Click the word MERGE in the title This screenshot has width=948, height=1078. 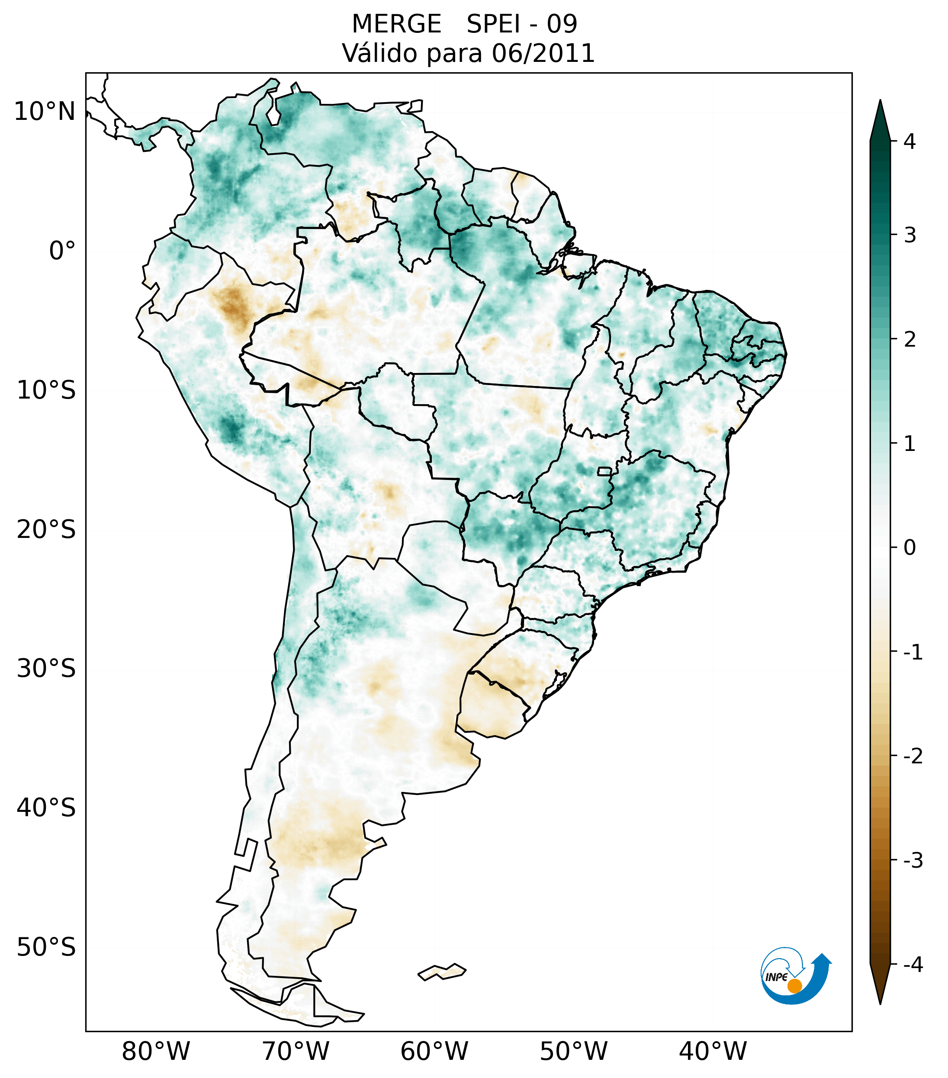(x=396, y=24)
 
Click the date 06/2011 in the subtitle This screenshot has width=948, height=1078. (x=543, y=54)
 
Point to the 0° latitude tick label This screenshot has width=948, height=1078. (x=62, y=251)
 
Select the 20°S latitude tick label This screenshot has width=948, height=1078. (x=46, y=530)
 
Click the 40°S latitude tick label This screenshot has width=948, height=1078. (x=46, y=808)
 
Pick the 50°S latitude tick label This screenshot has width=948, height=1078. (x=46, y=948)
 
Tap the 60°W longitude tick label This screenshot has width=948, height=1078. (x=434, y=1052)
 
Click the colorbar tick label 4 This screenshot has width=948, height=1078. (x=909, y=142)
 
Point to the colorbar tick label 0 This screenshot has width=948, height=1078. (x=909, y=548)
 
